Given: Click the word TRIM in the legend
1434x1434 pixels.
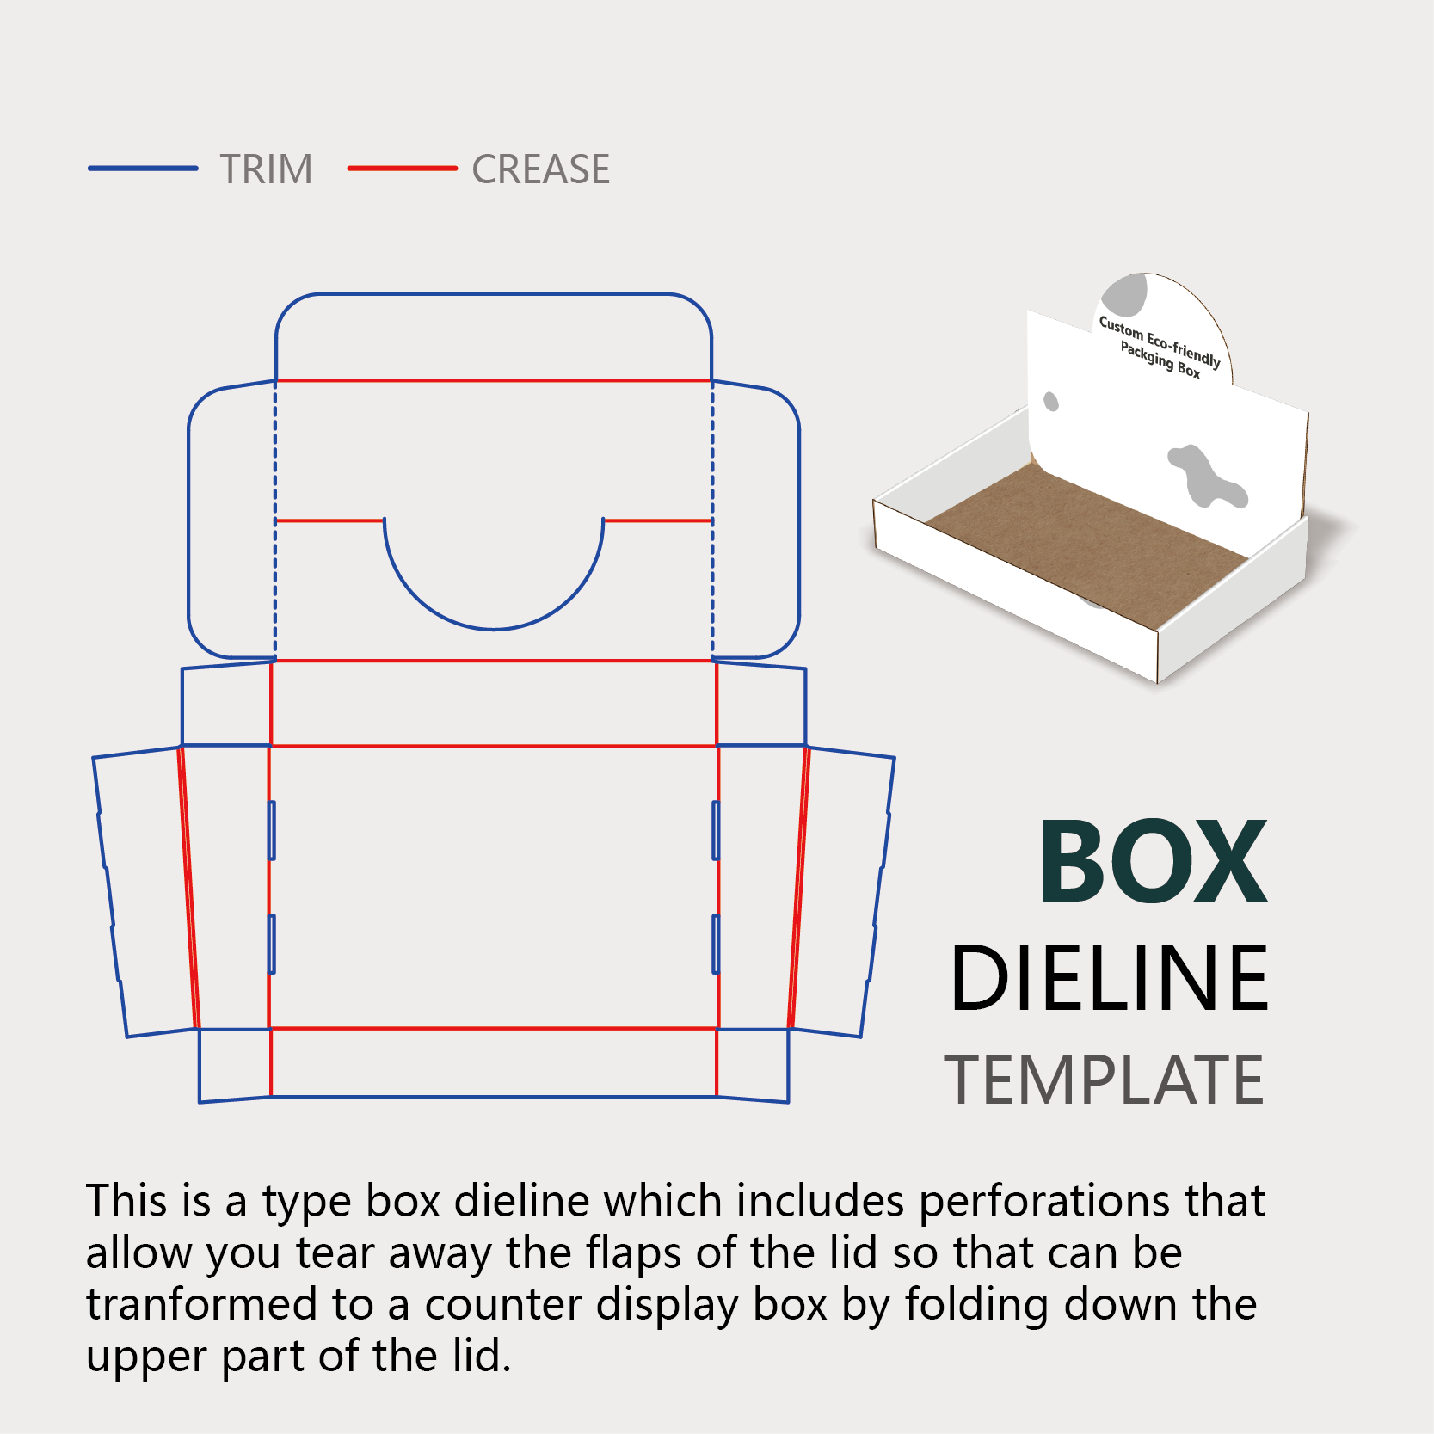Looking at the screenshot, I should coord(266,169).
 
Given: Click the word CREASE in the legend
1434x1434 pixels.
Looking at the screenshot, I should coord(540,169).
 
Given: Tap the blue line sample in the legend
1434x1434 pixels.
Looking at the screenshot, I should coord(143,169).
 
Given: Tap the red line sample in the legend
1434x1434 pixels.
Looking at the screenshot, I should coord(402,169).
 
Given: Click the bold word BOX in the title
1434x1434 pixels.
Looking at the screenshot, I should coord(1153,862).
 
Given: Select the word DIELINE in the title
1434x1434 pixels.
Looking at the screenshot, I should coord(1109,978).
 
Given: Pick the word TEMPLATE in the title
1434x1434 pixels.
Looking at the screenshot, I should coord(1104,1080).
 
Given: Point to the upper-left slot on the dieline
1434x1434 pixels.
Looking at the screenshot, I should coord(272,830).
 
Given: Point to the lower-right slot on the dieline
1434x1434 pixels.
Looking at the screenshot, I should coord(716,944).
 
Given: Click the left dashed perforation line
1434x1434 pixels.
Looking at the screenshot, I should coord(275,516).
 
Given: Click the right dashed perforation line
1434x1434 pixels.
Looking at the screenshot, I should coord(712,516).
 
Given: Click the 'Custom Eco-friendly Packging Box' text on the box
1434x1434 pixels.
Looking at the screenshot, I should coord(1160,348).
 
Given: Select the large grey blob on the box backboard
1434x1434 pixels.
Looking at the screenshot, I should coord(1205,476).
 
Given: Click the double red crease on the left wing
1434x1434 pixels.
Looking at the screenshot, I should coord(188,886).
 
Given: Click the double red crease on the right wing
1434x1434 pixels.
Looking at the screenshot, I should coord(799,886).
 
